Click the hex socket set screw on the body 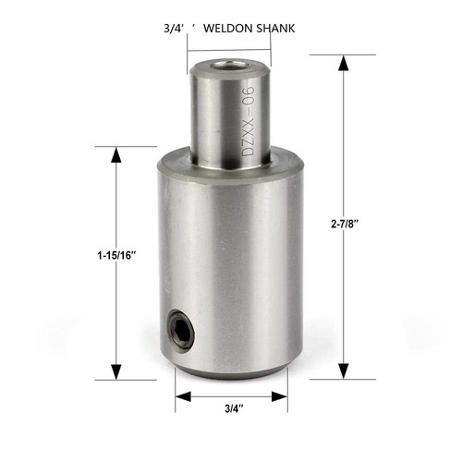coord(179,330)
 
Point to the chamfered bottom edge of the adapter coord(230,371)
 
